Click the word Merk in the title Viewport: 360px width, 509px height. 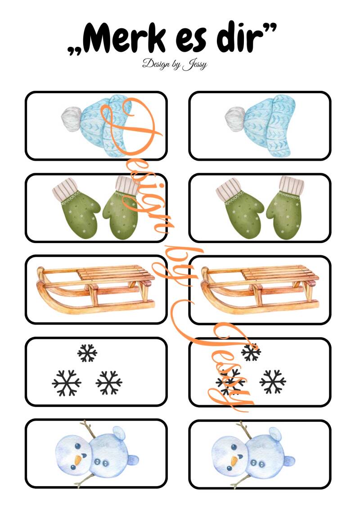pos(126,38)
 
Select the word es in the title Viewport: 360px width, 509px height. pos(192,41)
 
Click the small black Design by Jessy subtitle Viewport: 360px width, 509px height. pos(175,64)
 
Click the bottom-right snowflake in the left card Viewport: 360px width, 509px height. pos(109,383)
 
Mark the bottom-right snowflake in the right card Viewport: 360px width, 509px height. pos(273,382)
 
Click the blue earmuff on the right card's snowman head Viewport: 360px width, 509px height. pos(275,433)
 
